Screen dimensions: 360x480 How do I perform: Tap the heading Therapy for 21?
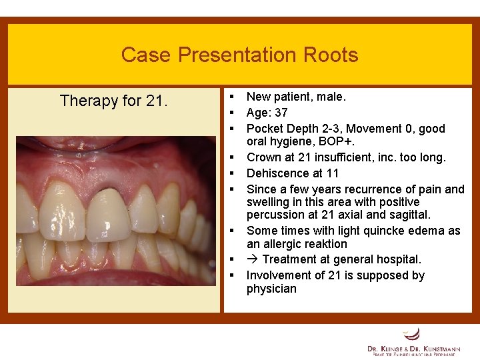click(x=114, y=101)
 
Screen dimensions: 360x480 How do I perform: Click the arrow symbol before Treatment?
click(x=253, y=259)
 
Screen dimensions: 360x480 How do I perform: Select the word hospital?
click(x=399, y=259)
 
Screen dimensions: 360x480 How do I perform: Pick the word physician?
click(x=271, y=289)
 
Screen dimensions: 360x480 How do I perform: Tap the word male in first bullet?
click(x=331, y=97)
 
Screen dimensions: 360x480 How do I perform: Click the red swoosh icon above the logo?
click(x=413, y=333)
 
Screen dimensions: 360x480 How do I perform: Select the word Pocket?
click(x=265, y=128)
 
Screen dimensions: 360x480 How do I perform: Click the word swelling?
click(x=268, y=202)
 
